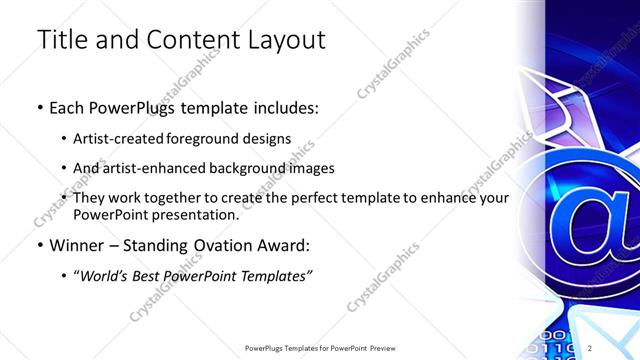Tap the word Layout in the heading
coord(282,41)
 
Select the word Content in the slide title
coord(187,41)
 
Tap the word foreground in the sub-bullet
coord(221,138)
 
